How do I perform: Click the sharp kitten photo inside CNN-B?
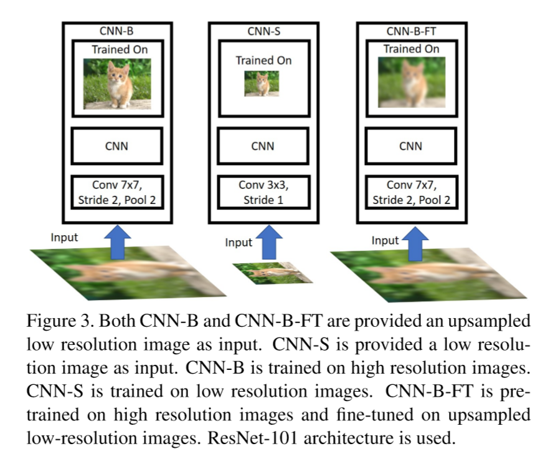click(118, 84)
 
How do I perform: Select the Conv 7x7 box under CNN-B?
click(118, 192)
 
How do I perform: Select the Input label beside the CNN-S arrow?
click(239, 242)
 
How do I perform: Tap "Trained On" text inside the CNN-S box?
click(263, 61)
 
